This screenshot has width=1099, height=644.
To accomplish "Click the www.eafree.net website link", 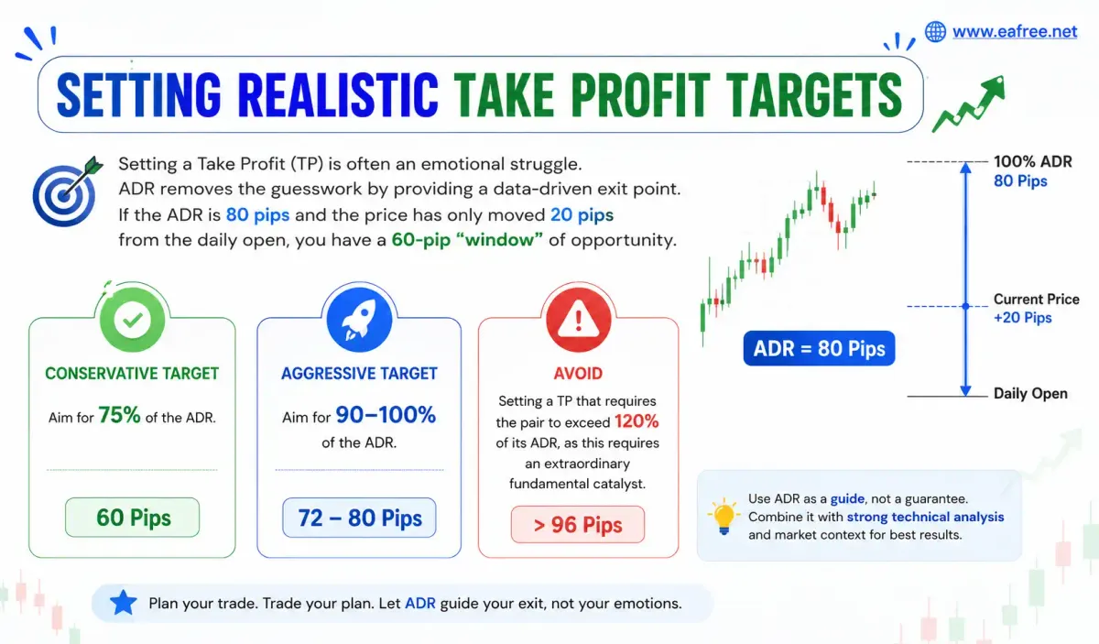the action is click(1015, 32).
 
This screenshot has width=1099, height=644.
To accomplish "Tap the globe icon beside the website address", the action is click(935, 32).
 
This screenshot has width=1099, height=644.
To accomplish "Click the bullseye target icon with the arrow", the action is click(66, 192).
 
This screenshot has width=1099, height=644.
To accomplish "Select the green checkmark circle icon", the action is click(133, 320).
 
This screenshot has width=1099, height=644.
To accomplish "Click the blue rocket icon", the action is click(359, 320).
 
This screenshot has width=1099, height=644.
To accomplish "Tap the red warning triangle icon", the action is click(579, 320).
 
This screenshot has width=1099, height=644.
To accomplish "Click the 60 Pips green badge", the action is click(133, 518).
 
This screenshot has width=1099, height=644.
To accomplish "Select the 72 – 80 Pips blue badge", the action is click(359, 518).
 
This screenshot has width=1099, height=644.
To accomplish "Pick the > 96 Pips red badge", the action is click(578, 525).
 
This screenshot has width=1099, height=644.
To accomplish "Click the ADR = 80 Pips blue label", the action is click(819, 348).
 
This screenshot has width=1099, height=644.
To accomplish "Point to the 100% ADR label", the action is click(1033, 161).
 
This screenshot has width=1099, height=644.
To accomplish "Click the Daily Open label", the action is click(1030, 394).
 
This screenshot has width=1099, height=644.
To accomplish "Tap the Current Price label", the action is click(1036, 300).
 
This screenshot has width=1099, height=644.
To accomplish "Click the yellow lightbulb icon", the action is click(724, 517).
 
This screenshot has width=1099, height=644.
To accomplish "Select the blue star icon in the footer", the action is click(123, 603).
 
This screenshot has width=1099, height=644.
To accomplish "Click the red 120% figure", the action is click(637, 421).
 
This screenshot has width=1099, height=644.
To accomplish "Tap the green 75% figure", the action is click(119, 415).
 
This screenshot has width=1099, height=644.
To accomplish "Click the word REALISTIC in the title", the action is click(338, 94).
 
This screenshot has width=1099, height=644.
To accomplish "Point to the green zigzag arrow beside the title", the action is click(969, 104).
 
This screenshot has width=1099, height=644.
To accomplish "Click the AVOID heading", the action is click(578, 374).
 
